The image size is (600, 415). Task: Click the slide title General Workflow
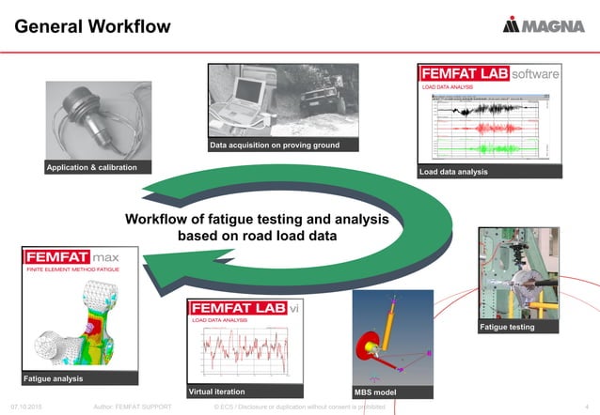tap(92, 25)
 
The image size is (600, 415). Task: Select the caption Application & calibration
tap(91, 167)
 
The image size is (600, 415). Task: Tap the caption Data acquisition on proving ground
tap(274, 146)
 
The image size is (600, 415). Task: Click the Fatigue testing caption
tap(507, 327)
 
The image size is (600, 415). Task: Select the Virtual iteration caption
tap(217, 391)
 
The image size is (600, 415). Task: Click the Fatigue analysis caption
tap(55, 378)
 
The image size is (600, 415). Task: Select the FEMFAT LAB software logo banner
tap(489, 73)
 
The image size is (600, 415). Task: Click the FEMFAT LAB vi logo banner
tap(245, 308)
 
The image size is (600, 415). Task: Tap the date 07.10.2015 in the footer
tap(27, 407)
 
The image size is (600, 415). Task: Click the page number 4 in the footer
tap(586, 407)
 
